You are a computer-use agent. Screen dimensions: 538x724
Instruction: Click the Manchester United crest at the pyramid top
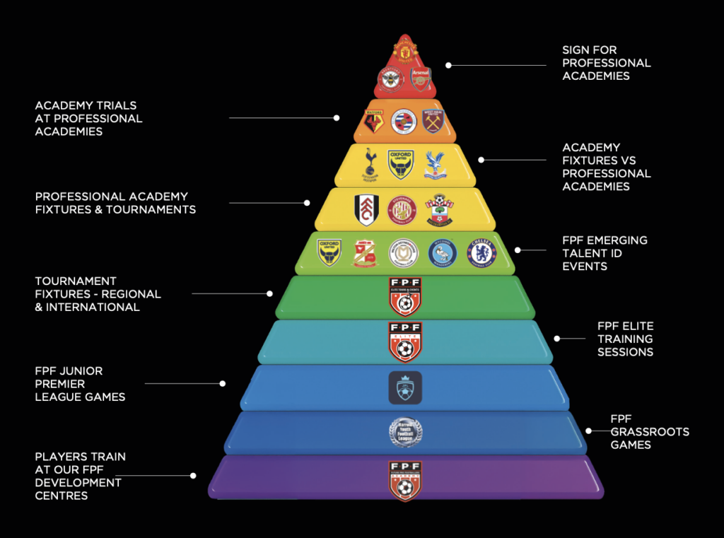[x=405, y=51]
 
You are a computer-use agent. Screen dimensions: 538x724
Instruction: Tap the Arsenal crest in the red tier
[x=421, y=79]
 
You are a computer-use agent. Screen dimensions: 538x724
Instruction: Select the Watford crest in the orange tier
[x=374, y=122]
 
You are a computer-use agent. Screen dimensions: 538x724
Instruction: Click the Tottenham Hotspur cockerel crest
[x=369, y=163]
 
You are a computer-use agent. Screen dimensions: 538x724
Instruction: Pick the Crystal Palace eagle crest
[x=436, y=164]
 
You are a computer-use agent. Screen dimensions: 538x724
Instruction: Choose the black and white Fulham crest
[x=367, y=210]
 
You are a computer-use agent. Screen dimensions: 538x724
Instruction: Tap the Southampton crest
[x=440, y=210]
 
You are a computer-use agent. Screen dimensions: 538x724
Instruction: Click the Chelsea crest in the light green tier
[x=481, y=253]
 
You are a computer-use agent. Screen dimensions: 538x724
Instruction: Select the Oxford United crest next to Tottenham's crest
[x=401, y=164]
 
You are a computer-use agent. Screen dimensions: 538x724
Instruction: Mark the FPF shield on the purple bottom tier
[x=405, y=480]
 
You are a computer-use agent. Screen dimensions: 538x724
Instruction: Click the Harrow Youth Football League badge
[x=405, y=433]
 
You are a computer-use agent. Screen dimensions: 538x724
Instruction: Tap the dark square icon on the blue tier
[x=405, y=387]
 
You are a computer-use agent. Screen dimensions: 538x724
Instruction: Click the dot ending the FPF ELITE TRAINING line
[x=557, y=339]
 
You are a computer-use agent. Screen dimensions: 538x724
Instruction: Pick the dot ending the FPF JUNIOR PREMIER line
[x=223, y=384]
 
